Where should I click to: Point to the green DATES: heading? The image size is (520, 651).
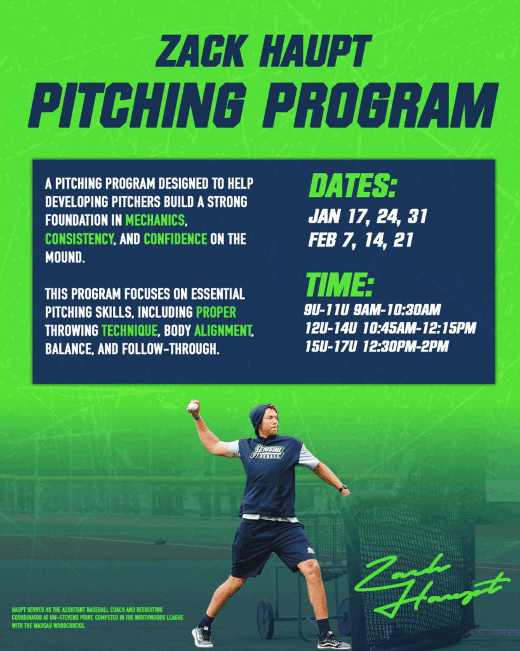coord(352,187)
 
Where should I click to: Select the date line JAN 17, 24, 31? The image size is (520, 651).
coord(368,217)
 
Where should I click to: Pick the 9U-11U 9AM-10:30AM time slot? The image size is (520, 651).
coord(373,311)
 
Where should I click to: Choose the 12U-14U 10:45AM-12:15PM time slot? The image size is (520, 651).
coord(390,329)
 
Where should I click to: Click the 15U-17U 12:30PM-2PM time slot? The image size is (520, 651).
coord(377,347)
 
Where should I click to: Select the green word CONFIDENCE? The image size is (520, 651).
coord(175,239)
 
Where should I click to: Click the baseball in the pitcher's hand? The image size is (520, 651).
coord(192,406)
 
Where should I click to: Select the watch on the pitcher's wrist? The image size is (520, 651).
coord(343,488)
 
